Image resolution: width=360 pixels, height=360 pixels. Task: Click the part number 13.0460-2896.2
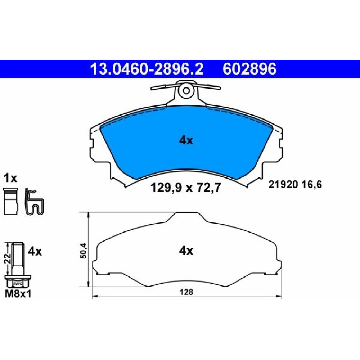coord(147,69)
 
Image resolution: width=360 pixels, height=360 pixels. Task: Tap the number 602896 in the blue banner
coord(249,69)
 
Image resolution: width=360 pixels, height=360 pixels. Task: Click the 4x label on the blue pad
coord(186,140)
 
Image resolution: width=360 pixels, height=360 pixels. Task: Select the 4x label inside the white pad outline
coord(186,251)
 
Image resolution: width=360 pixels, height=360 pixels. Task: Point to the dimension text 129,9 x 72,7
coord(185,188)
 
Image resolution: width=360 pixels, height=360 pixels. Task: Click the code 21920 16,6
coord(295,185)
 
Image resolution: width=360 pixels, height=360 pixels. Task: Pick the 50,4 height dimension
coord(84,251)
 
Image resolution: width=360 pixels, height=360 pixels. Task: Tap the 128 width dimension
coord(186,292)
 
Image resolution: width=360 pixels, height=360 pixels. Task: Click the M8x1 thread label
coord(18,294)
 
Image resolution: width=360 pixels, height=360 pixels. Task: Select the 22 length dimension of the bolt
coord(7,258)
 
